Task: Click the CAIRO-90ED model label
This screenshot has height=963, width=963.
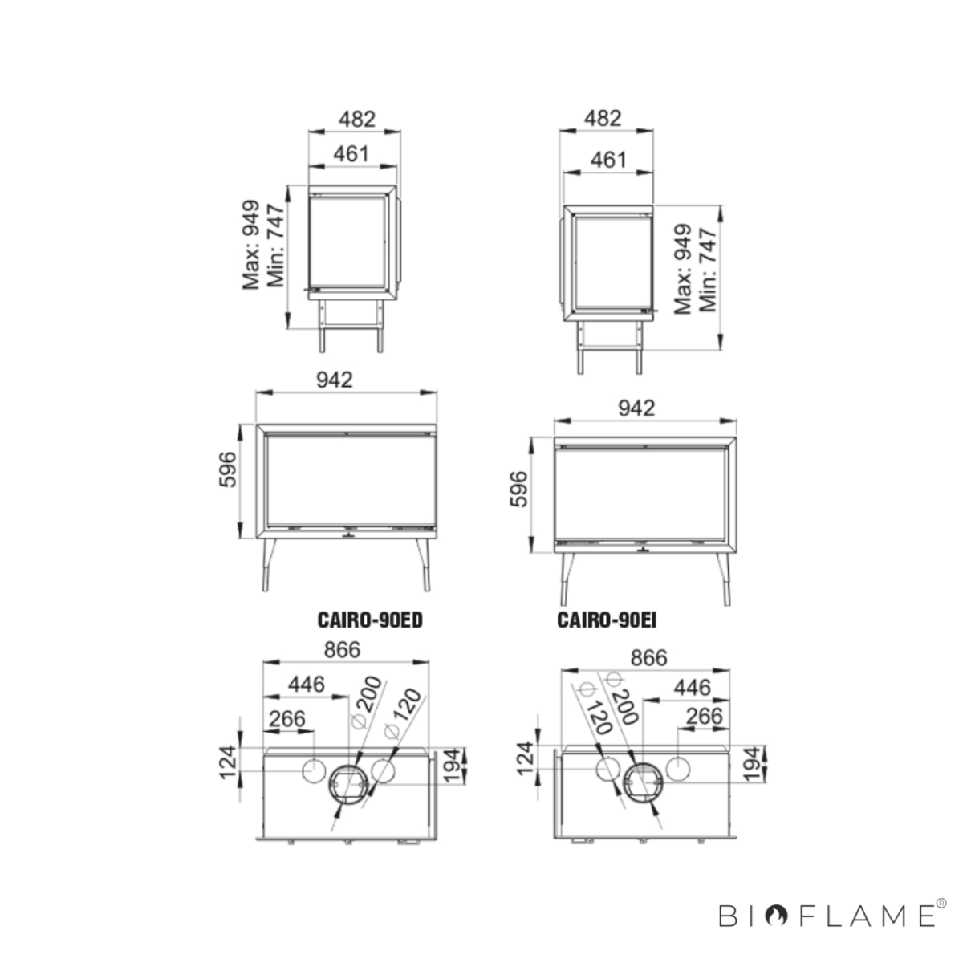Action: pyautogui.click(x=370, y=620)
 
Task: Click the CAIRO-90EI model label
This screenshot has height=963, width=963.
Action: pyautogui.click(x=607, y=620)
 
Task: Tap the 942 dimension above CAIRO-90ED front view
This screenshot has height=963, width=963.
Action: pyautogui.click(x=335, y=380)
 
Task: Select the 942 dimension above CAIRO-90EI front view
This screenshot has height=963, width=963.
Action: pyautogui.click(x=636, y=408)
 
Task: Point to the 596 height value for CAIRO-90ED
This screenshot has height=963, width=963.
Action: pyautogui.click(x=228, y=469)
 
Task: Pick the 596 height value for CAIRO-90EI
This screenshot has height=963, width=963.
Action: pyautogui.click(x=518, y=489)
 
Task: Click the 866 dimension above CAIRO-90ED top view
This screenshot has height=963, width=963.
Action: pyautogui.click(x=343, y=650)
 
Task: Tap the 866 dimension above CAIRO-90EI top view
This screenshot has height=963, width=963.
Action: pyautogui.click(x=648, y=658)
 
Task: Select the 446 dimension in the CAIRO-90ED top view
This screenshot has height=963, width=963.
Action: pyautogui.click(x=307, y=685)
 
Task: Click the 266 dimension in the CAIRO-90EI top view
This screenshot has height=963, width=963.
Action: pyautogui.click(x=704, y=716)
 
